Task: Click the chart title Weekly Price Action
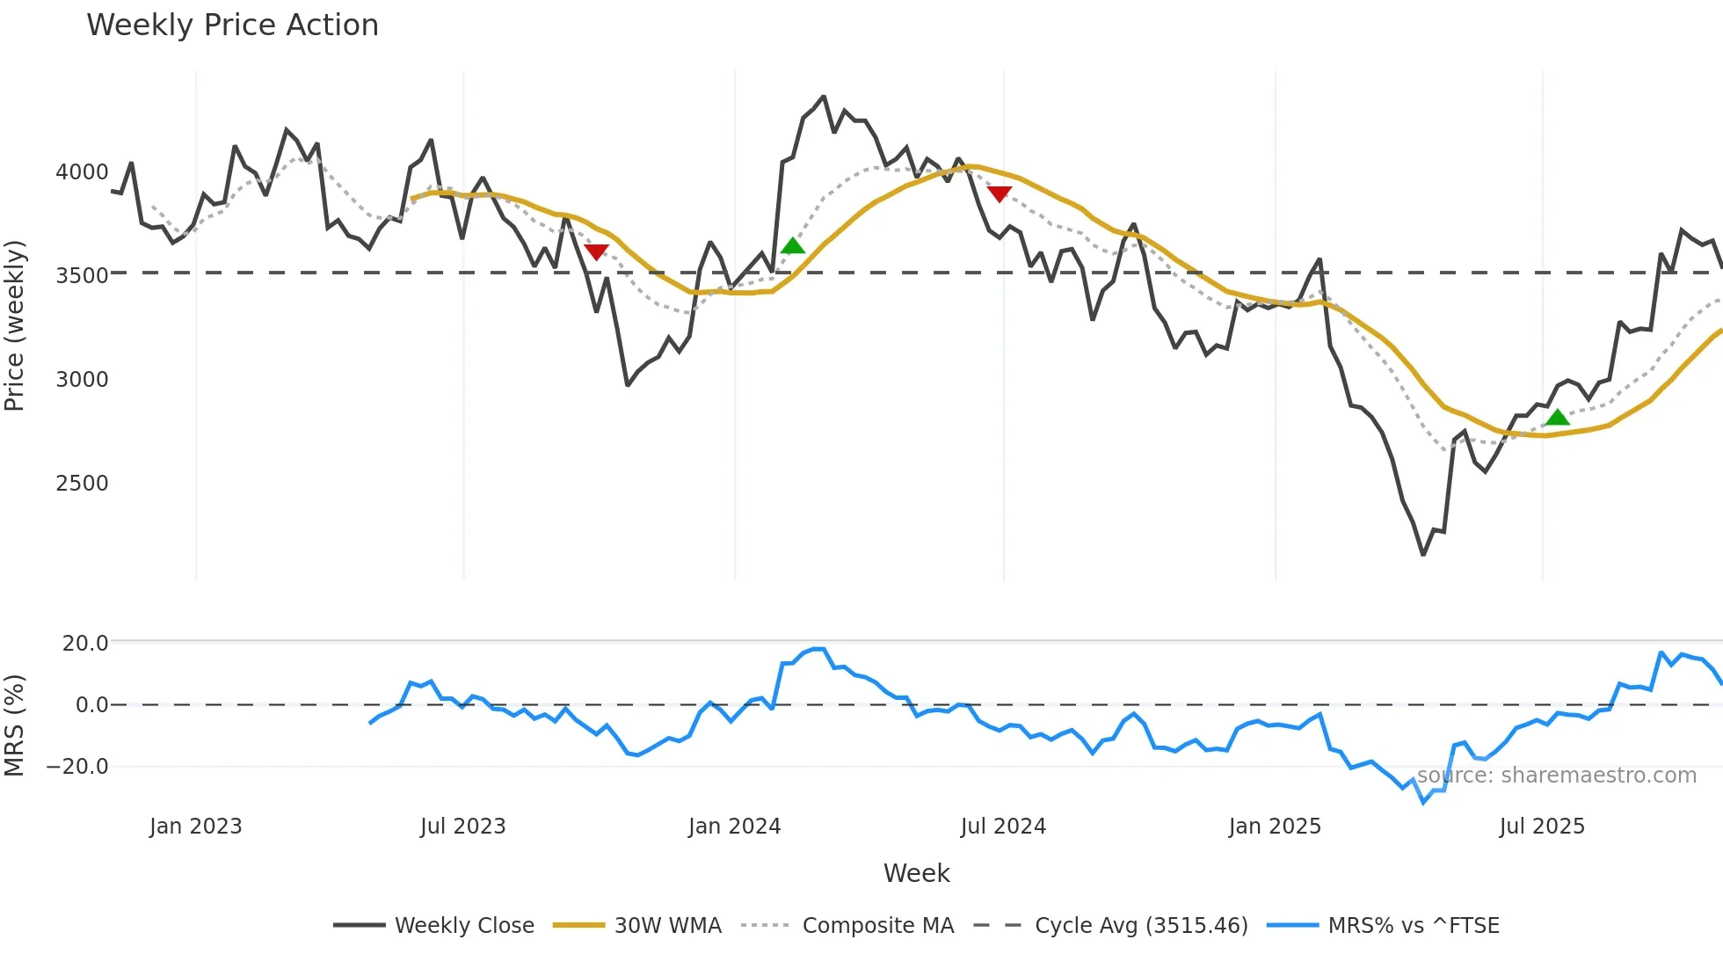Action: [x=232, y=25]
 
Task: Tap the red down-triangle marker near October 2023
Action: [x=596, y=252]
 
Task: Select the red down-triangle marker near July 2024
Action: [x=1000, y=193]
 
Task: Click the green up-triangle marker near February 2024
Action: [x=792, y=246]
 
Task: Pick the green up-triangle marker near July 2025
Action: [x=1557, y=417]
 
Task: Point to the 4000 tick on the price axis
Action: [x=82, y=172]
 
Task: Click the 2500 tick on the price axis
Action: [x=82, y=484]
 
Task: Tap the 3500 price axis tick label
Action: [x=82, y=276]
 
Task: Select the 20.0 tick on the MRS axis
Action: [x=85, y=644]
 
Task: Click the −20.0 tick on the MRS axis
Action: [x=77, y=767]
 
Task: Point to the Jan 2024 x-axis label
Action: [x=734, y=827]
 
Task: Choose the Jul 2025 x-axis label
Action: [x=1542, y=827]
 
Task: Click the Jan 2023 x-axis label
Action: [x=195, y=827]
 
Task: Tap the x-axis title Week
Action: [x=916, y=873]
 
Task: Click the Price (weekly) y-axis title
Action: [x=15, y=325]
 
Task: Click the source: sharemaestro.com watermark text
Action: [x=1556, y=776]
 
